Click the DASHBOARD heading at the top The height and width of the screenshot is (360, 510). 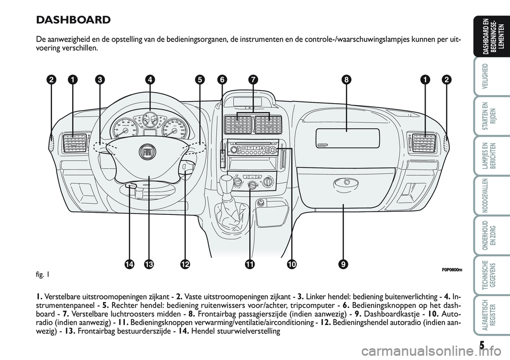point(73,20)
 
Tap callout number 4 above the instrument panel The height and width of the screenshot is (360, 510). point(151,80)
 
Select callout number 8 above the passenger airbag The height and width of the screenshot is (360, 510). point(346,80)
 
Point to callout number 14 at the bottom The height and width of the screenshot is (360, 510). point(129,264)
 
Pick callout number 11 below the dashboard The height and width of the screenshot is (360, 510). point(248,264)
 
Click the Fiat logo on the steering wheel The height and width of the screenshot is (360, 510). point(148,152)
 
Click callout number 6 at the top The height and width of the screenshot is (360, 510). point(222,80)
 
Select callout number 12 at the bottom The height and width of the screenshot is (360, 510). point(185,264)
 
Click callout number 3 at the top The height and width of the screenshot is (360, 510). point(99,80)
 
